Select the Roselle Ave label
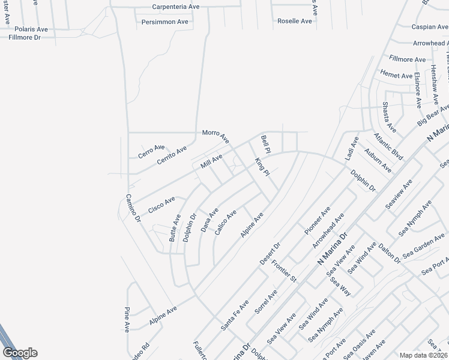point(295,21)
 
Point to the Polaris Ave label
point(31,29)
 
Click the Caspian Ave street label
point(430,27)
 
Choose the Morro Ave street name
point(215,136)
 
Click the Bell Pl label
point(267,144)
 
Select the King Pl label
point(262,167)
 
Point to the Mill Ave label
point(211,161)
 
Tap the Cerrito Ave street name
point(172,155)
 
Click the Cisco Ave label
point(161,204)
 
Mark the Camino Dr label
point(133,209)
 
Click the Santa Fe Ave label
point(235,315)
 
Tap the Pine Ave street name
point(127,319)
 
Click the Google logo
point(20,353)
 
